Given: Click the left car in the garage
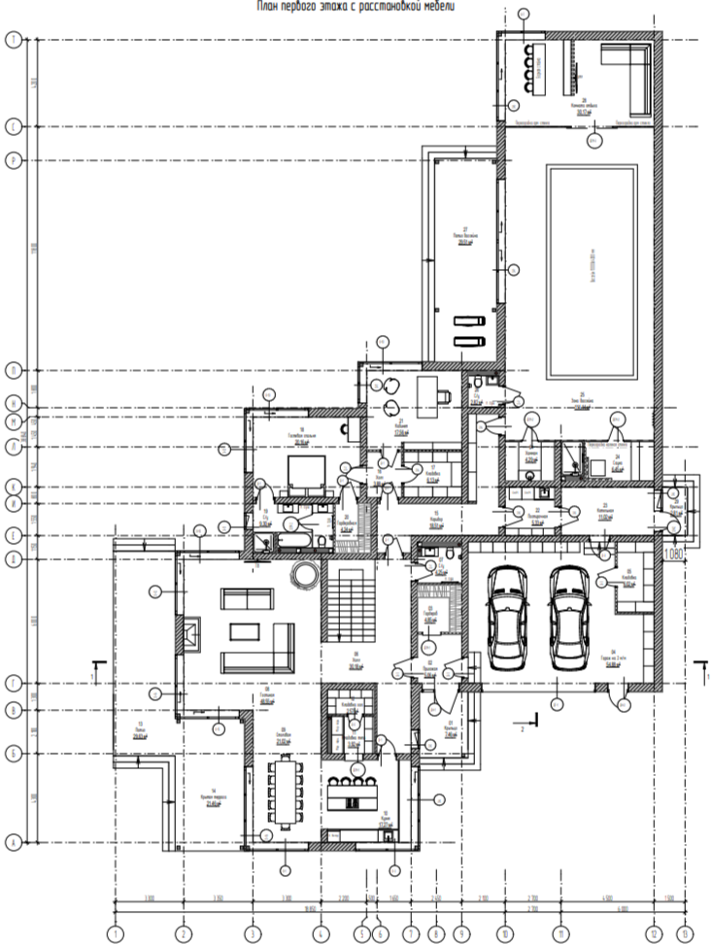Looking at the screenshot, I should point(505,620).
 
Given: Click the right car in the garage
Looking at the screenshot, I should point(570,620).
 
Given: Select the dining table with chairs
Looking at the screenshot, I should point(286,790).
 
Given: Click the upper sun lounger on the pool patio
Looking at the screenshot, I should point(468,320).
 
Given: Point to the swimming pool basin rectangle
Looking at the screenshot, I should point(592,273).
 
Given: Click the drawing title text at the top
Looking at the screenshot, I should point(356,6).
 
